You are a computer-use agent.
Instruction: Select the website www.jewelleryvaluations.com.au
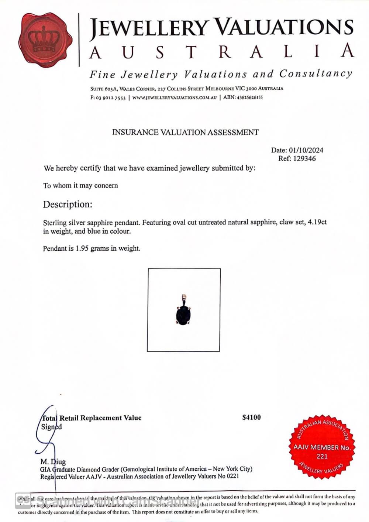pos(174,98)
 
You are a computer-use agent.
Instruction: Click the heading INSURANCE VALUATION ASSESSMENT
pos(185,132)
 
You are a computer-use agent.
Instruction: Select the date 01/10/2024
pos(306,150)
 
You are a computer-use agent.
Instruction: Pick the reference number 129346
pos(304,159)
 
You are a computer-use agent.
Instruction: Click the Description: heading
pos(68,204)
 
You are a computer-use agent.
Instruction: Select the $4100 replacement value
pos(251,418)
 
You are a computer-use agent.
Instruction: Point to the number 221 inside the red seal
pos(322,456)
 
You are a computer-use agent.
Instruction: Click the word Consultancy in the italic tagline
pos(315,74)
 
